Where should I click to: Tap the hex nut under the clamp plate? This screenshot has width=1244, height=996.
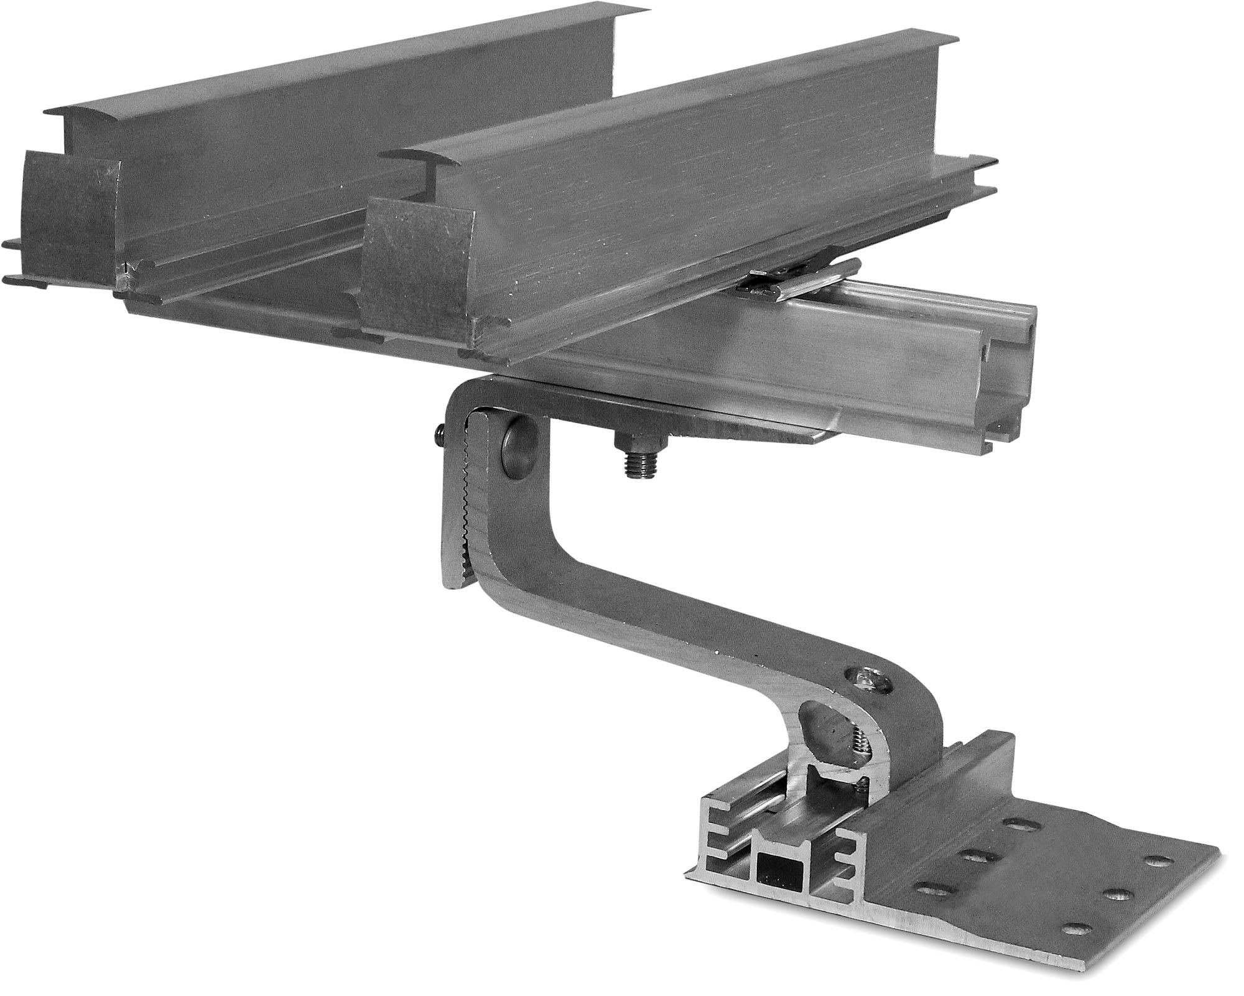pos(640,442)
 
